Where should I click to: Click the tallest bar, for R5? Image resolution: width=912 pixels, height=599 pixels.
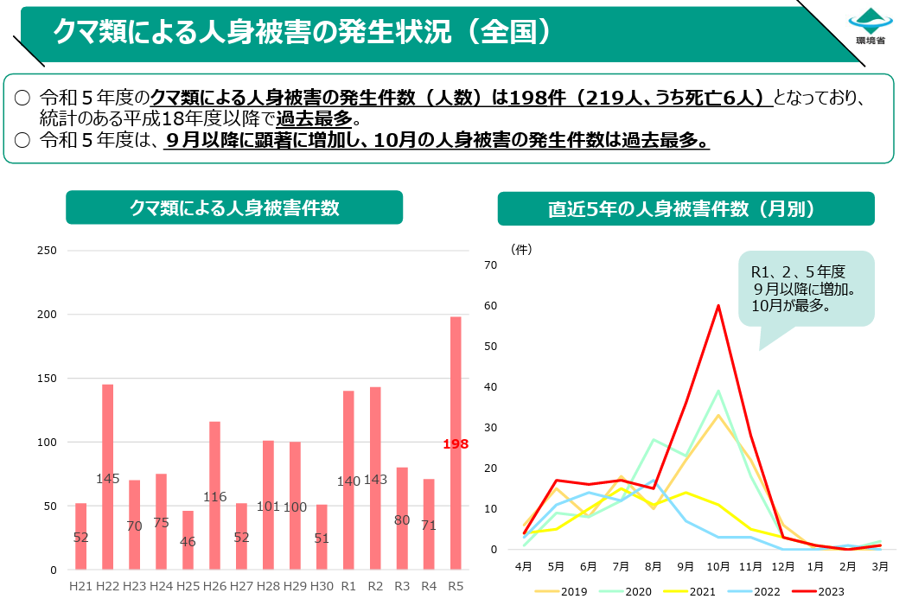456,443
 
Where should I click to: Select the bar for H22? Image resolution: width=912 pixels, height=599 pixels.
108,476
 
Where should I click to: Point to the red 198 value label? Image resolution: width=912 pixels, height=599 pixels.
456,444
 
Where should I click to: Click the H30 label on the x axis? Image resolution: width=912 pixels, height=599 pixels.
322,585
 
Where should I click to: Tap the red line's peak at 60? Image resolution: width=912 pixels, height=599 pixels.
718,305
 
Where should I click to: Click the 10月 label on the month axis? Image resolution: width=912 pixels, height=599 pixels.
718,567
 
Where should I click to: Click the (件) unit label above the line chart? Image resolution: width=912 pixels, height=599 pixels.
521,249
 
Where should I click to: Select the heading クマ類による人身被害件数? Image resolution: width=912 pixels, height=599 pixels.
234,208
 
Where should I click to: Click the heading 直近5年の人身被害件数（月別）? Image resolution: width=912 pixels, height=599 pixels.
686,209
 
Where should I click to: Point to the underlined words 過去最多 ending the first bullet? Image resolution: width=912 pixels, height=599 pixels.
315,119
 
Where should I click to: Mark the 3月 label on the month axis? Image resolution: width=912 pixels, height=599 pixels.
880,567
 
